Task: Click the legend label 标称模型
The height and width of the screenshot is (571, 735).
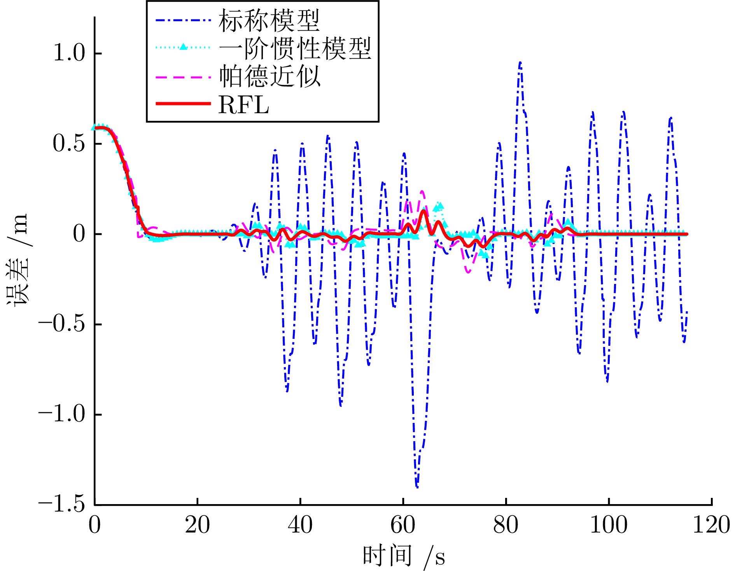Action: coord(269,21)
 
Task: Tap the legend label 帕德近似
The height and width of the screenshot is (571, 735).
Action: coord(269,76)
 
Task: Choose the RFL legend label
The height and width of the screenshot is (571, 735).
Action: coord(244,105)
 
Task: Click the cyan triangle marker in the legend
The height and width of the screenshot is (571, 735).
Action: coord(183,47)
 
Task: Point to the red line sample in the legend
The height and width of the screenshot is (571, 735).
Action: coord(183,104)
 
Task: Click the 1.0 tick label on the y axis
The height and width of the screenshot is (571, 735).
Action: coord(69,53)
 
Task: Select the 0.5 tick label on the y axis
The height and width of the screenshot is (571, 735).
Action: coord(69,144)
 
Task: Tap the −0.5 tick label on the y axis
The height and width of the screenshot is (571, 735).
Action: coord(61,324)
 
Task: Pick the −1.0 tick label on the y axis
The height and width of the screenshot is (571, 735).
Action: coord(61,414)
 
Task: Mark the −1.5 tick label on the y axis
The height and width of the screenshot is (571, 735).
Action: coord(61,504)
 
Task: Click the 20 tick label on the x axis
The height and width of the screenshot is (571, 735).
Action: coord(197,525)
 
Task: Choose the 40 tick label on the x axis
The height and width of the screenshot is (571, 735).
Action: coord(300,525)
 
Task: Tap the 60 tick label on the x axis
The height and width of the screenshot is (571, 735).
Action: coord(403,525)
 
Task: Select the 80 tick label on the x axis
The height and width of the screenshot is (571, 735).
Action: coord(506,525)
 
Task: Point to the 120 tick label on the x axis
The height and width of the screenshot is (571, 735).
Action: coord(711,525)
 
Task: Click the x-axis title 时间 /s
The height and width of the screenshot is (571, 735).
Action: coord(403,556)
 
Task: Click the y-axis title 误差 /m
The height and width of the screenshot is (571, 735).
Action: coord(17,259)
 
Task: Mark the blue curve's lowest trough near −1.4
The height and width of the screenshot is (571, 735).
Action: coord(417,486)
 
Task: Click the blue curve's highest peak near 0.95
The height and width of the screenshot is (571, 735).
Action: coord(520,62)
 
